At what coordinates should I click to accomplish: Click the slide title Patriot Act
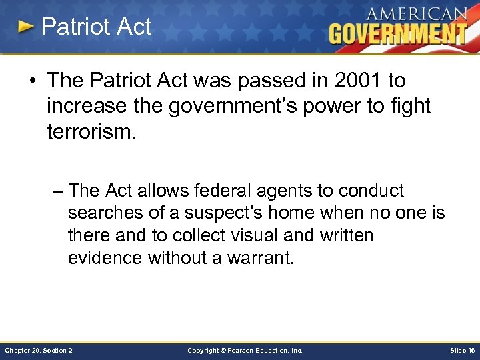tap(96, 27)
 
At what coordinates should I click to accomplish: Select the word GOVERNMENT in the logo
tap(397, 33)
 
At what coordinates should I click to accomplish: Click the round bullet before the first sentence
tap(34, 81)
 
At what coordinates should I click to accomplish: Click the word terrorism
tap(91, 130)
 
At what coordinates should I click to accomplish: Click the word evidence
tap(105, 258)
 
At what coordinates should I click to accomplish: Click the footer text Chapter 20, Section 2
tap(39, 350)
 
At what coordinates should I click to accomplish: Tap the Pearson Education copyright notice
tap(245, 350)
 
